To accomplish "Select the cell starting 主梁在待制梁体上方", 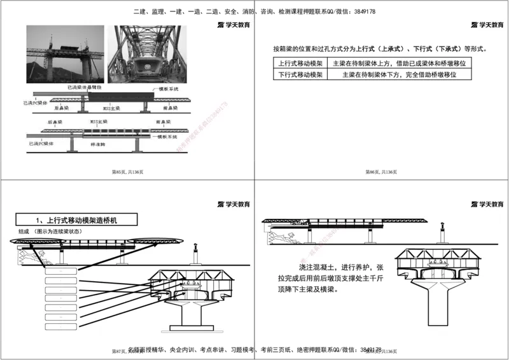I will (400, 64).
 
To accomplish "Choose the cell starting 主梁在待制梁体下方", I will (400, 74).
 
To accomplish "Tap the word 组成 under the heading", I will (24, 232).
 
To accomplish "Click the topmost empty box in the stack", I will (60, 271).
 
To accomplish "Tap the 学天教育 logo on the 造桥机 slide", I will (234, 204).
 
